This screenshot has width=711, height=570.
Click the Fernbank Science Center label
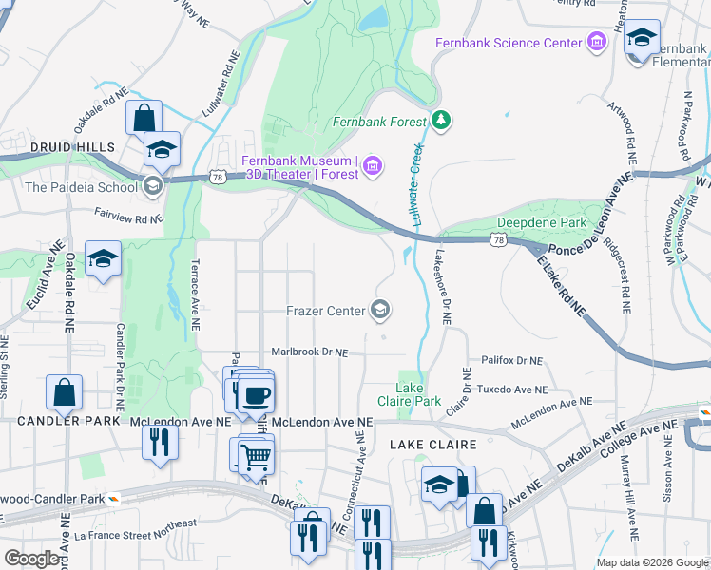coord(508,43)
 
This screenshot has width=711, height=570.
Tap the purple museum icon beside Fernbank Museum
coord(373,168)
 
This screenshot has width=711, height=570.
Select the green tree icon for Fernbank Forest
coord(440,121)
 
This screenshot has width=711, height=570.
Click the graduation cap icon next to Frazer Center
coord(380,310)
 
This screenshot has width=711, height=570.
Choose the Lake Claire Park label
coord(418,394)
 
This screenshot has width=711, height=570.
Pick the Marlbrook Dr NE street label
coord(310,351)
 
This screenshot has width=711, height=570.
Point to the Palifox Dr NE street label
coord(510,361)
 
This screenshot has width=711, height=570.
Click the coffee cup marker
coord(255,394)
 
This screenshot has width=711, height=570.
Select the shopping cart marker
coord(255,457)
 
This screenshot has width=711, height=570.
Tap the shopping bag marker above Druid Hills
coord(144,119)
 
